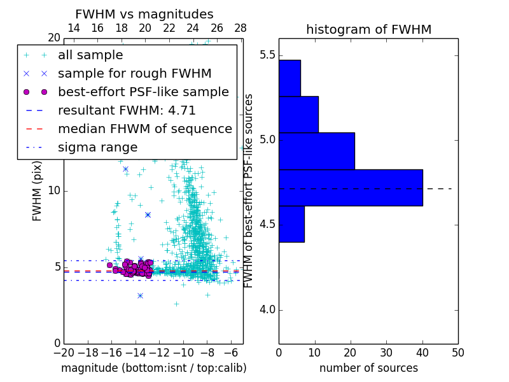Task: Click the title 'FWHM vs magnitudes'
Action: pos(144,15)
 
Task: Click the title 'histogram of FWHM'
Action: pos(368,30)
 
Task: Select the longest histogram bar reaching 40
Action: pos(351,188)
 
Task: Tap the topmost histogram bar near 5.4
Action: pos(289,78)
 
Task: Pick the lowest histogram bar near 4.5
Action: pos(291,224)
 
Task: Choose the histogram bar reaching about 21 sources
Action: pos(316,151)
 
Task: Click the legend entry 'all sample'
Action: pos(90,55)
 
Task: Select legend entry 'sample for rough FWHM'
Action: pos(134,73)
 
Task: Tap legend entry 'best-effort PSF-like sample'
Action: pos(143,92)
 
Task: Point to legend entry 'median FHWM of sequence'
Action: pos(144,129)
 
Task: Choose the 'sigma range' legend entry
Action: pos(97,147)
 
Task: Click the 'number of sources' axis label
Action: pos(368,368)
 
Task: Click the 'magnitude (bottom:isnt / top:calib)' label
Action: pos(153,368)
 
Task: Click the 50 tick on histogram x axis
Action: pos(458,352)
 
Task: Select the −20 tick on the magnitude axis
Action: pos(64,352)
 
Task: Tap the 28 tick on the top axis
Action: pos(241,28)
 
